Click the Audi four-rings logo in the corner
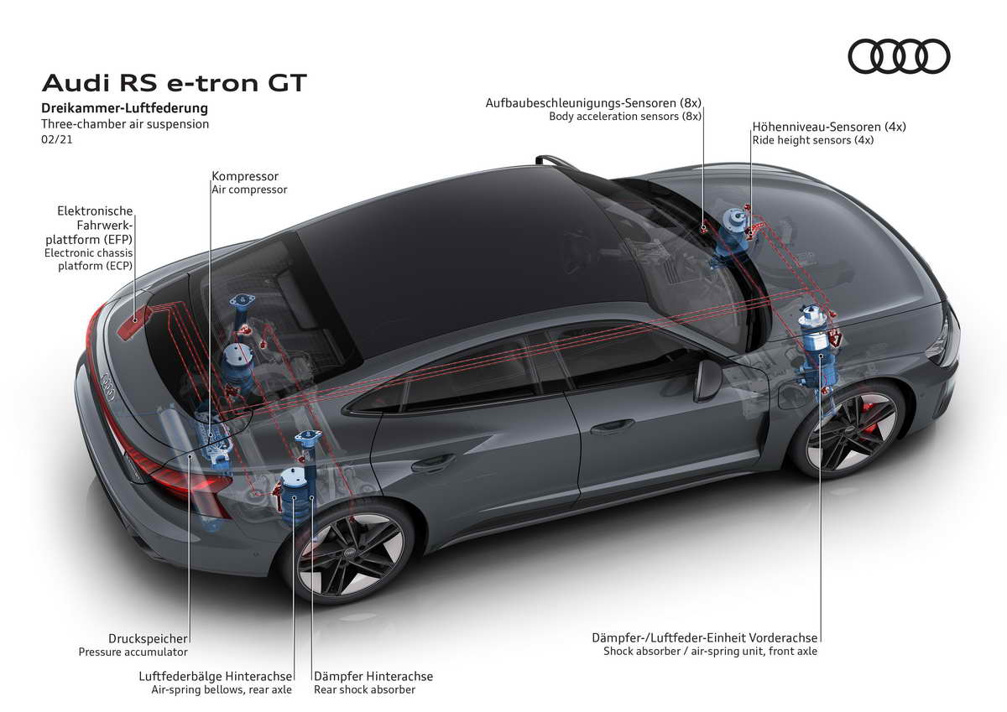(x=899, y=56)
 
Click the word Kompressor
(x=245, y=176)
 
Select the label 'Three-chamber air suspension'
(x=125, y=124)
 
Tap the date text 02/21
(x=57, y=139)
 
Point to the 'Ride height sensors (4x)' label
(x=813, y=140)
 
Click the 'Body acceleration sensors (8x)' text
(x=625, y=117)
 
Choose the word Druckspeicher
(x=148, y=638)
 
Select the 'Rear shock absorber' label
(x=364, y=689)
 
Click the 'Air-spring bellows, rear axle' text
(x=222, y=689)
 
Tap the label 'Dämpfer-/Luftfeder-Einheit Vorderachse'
(x=704, y=638)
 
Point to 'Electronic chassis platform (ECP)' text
(x=89, y=259)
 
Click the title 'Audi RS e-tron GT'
(x=174, y=83)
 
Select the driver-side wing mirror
(x=707, y=380)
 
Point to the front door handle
(x=612, y=426)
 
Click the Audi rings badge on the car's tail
(x=108, y=386)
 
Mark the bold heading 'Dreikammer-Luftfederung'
(x=124, y=108)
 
